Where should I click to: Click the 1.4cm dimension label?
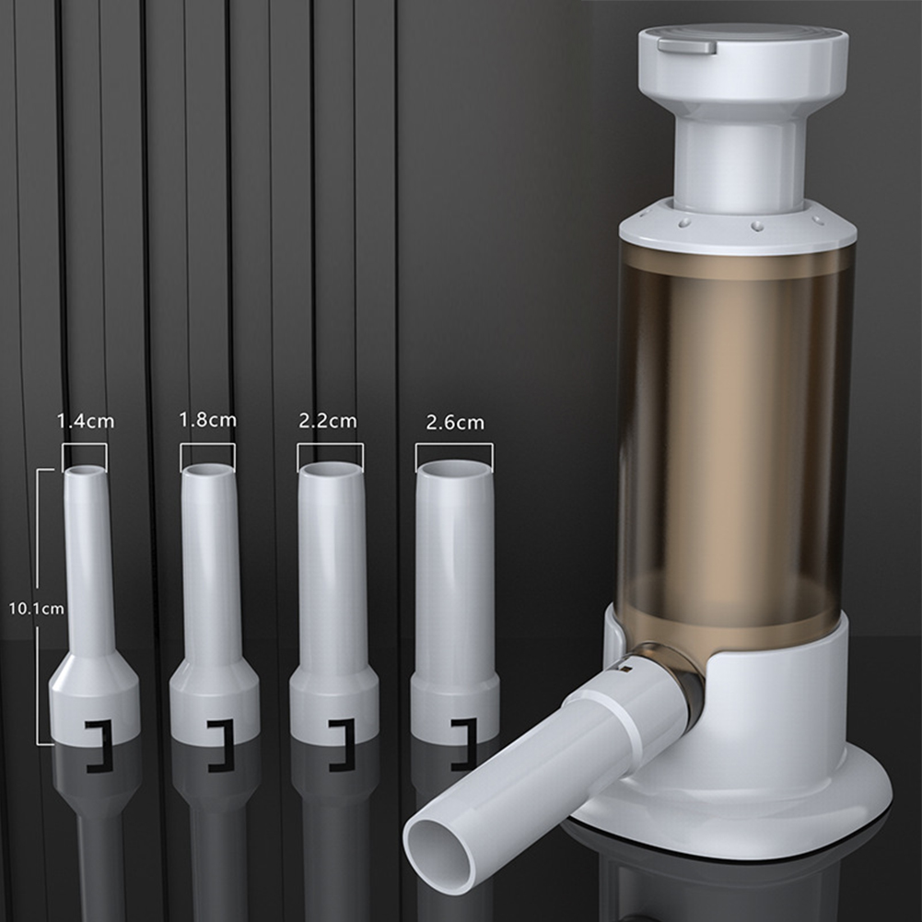click(x=86, y=421)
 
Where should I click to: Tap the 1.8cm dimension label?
click(x=207, y=420)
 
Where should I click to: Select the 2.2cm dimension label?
click(x=328, y=421)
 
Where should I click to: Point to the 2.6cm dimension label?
click(x=455, y=423)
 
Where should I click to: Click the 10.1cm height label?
click(x=36, y=608)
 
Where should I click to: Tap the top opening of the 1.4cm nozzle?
click(x=86, y=471)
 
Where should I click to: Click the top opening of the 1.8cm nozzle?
click(x=208, y=471)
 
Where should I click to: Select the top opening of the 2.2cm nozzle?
click(x=330, y=470)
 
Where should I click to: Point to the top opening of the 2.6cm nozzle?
click(x=453, y=469)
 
